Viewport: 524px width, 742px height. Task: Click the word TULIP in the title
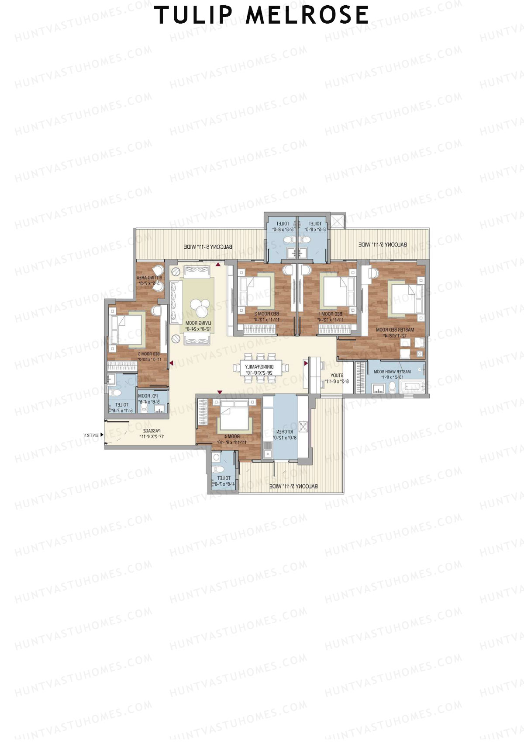pos(194,15)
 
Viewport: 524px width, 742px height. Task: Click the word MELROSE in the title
pos(307,15)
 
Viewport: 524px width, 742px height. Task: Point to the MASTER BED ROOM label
pos(395,330)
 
